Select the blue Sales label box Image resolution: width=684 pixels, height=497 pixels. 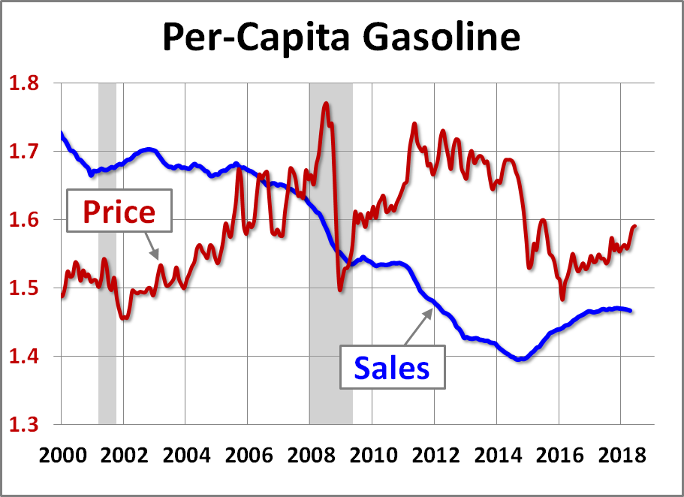point(391,368)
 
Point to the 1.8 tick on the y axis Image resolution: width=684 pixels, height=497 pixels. point(26,83)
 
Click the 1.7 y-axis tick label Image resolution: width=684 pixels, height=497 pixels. point(26,152)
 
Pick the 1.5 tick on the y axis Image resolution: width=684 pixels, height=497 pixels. point(26,288)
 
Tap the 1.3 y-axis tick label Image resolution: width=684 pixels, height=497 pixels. point(26,425)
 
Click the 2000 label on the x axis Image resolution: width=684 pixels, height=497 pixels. point(61,456)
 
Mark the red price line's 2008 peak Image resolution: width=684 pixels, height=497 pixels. point(326,103)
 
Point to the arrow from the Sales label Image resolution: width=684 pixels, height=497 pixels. point(420,326)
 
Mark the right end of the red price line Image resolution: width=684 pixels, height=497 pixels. point(635,225)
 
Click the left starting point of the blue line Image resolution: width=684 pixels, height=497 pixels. point(62,134)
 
